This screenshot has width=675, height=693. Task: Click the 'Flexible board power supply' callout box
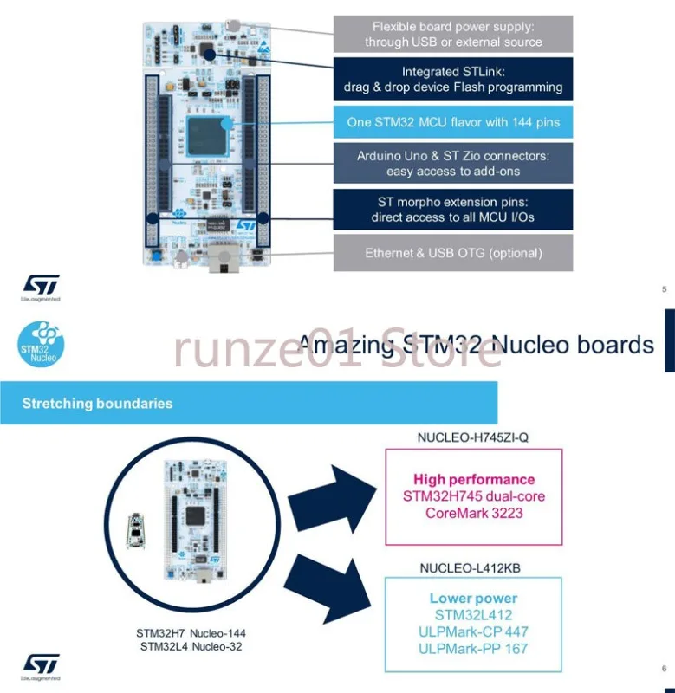pos(453,34)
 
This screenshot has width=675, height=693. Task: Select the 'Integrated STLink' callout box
pos(453,80)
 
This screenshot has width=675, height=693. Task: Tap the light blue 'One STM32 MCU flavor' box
pos(453,122)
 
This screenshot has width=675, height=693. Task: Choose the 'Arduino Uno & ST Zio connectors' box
pos(453,164)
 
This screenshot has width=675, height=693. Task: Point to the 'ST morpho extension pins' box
pos(453,210)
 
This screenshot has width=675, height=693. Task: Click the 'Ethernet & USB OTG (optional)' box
pos(453,253)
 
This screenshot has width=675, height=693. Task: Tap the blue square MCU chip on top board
pos(208,136)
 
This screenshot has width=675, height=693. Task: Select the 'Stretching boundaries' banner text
pos(97,403)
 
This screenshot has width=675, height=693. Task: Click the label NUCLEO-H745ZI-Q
pos(472,437)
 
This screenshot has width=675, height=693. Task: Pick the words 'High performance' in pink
pos(474,479)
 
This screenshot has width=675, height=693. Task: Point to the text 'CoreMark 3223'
pos(474,513)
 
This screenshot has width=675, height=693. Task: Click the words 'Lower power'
pos(473,598)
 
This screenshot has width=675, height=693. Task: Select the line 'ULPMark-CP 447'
pos(473,631)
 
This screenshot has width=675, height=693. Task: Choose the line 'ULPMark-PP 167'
pos(473,648)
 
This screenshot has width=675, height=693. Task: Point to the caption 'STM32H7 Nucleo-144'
pos(191,633)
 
